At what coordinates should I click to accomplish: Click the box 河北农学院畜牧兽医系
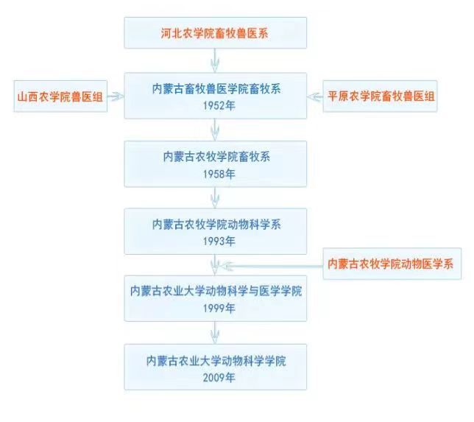(x=215, y=33)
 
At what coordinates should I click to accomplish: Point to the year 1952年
(x=215, y=105)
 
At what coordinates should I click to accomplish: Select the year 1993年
(x=215, y=241)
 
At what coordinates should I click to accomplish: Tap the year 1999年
(x=215, y=308)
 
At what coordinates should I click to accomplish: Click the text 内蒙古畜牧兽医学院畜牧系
(x=215, y=89)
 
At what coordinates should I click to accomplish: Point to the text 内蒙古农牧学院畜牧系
(x=215, y=157)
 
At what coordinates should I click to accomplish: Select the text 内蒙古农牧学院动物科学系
(x=215, y=225)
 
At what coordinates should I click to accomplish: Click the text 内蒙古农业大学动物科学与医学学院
(x=215, y=292)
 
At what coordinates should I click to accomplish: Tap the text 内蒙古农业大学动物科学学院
(x=215, y=360)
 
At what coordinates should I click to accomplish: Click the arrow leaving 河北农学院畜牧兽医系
(x=215, y=60)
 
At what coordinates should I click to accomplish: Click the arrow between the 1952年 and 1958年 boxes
(x=215, y=129)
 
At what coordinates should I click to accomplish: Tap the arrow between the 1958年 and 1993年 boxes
(x=215, y=197)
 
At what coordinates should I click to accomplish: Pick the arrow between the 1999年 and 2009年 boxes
(x=215, y=332)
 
